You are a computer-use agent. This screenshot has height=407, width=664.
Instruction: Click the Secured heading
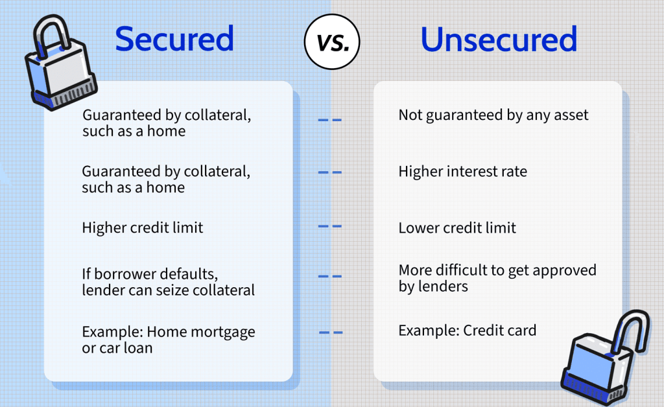click(174, 40)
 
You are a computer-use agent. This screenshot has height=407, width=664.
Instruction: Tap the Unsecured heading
click(499, 40)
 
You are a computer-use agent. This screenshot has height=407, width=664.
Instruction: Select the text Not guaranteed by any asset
click(493, 115)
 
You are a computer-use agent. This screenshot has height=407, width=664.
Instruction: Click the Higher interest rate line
click(462, 172)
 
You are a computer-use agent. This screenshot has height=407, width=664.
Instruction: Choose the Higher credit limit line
click(143, 228)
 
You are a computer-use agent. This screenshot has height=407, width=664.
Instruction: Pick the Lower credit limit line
click(457, 228)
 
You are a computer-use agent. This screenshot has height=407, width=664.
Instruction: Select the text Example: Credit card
click(467, 331)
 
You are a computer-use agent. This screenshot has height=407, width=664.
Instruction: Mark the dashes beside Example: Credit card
click(331, 333)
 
